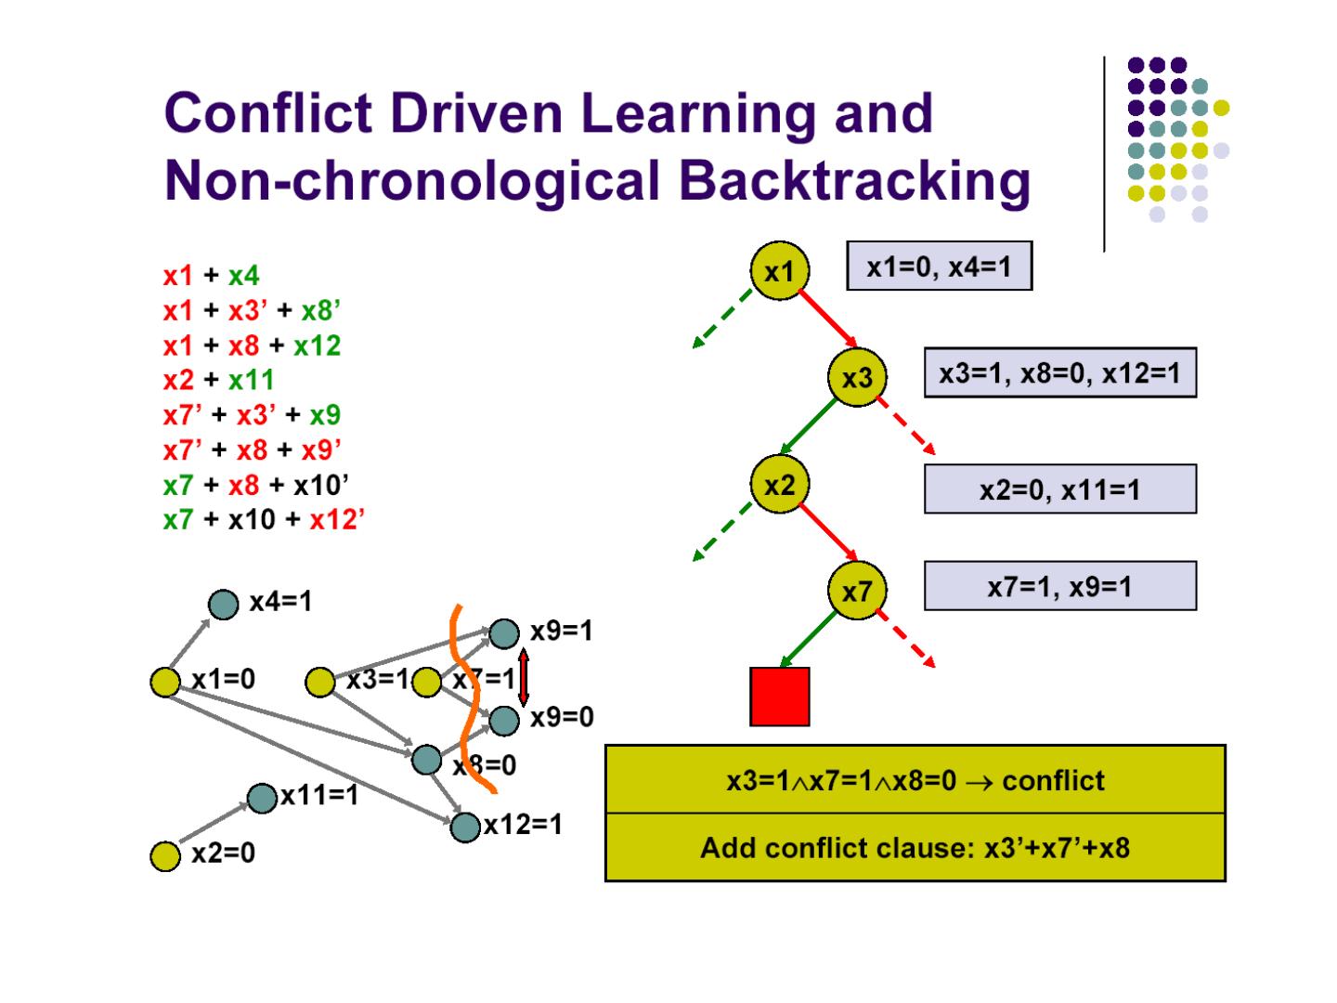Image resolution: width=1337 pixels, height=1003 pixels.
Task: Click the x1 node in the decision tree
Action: tap(779, 270)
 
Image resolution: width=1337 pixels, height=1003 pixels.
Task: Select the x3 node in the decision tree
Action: tap(857, 377)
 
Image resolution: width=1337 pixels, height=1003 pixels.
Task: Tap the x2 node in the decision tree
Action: tap(779, 484)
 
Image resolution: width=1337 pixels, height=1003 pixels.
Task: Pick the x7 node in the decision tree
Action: tap(857, 591)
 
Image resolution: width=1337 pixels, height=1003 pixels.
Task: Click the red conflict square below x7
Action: tap(780, 697)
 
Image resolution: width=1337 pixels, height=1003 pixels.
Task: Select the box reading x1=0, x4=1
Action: tap(939, 267)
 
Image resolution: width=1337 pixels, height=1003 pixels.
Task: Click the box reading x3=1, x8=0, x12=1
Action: tap(1059, 372)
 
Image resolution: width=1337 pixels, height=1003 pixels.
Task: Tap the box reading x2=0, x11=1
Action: tap(1059, 488)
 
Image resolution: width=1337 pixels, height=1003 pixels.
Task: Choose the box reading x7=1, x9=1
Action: tap(1059, 586)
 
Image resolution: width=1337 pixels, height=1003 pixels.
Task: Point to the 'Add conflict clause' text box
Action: tap(915, 848)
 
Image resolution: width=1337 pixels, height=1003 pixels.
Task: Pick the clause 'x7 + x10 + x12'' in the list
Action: tap(264, 519)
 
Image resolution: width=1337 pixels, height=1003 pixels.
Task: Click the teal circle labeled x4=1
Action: tap(223, 605)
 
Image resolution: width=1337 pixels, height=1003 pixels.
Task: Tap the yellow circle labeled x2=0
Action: tap(165, 855)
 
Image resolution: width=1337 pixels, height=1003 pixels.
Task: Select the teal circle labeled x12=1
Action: tap(465, 826)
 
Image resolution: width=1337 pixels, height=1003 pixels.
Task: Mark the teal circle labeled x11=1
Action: tap(263, 797)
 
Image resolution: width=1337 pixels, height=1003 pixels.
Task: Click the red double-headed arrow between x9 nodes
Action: tap(523, 677)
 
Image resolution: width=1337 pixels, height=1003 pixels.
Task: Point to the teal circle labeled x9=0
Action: tap(504, 720)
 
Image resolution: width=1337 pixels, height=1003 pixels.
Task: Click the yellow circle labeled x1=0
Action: tap(165, 682)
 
